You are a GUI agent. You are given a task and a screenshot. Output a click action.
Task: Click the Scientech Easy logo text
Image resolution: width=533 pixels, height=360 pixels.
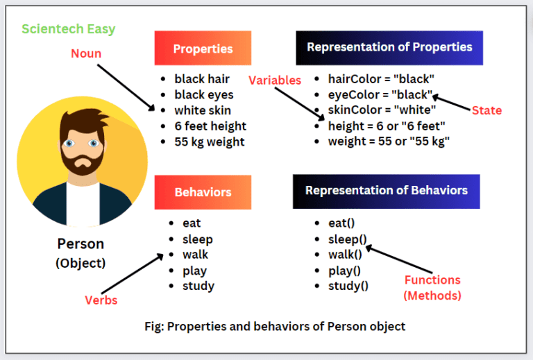click(x=68, y=29)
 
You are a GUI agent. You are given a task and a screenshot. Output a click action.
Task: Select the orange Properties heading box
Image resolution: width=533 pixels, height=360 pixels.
click(x=203, y=49)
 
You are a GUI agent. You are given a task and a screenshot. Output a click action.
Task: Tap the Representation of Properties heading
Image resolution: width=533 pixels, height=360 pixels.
click(x=389, y=48)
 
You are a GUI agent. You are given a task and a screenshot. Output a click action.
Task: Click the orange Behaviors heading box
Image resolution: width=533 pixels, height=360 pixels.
click(x=203, y=192)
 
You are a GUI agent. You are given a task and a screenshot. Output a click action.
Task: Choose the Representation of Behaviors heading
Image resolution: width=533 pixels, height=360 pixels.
click(x=387, y=191)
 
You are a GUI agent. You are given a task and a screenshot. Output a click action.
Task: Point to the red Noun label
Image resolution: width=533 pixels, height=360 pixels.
click(x=86, y=53)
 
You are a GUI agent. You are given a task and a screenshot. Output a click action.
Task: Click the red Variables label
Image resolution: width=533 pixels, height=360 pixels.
click(x=275, y=80)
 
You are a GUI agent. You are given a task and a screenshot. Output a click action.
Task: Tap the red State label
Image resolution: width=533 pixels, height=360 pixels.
click(x=487, y=110)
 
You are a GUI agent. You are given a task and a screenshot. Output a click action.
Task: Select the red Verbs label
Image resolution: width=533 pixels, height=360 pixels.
click(x=101, y=300)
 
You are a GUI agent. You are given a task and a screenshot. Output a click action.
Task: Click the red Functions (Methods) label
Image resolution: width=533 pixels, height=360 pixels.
click(x=432, y=287)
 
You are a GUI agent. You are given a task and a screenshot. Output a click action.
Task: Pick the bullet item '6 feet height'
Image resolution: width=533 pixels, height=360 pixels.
click(x=210, y=126)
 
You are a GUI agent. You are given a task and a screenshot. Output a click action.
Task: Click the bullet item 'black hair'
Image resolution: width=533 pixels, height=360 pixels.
click(x=201, y=79)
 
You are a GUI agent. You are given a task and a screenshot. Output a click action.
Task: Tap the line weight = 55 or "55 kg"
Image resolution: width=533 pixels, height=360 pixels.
click(x=389, y=142)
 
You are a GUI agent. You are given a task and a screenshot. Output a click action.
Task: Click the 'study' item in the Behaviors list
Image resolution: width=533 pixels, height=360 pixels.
click(x=198, y=286)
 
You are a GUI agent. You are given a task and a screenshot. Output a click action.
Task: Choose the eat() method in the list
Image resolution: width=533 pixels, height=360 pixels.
click(x=341, y=223)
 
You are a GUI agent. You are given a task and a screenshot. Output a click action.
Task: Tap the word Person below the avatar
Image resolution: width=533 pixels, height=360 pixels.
click(x=81, y=244)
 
